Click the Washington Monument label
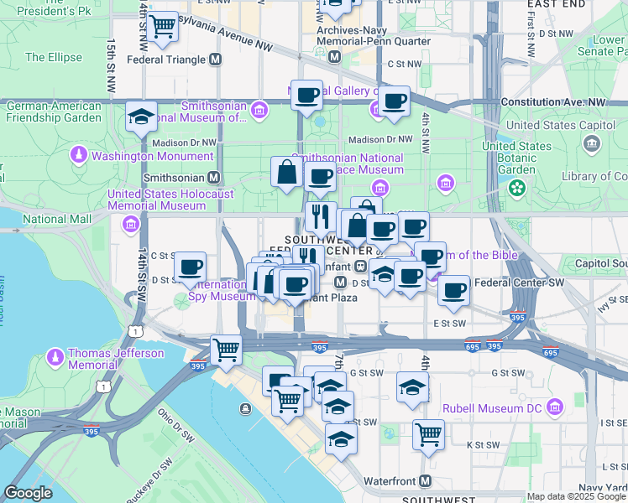click(153, 156)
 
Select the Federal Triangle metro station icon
click(216, 60)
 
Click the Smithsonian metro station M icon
click(214, 178)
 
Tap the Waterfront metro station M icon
click(426, 481)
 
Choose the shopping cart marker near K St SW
click(428, 434)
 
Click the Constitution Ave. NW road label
click(552, 101)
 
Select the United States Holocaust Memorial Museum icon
click(130, 224)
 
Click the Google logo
click(28, 493)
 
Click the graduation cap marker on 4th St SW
click(412, 387)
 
